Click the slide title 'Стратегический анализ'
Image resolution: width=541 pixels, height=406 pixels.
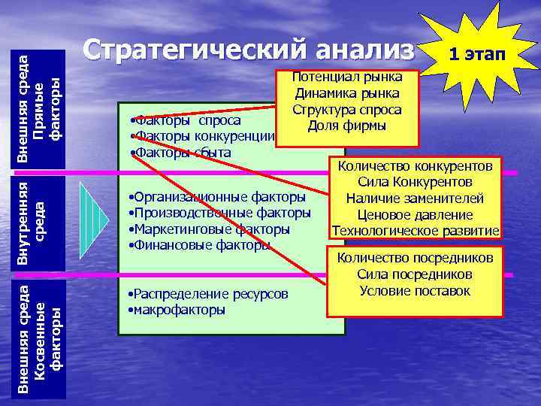pos(249,50)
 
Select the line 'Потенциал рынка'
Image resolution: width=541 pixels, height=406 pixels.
pos(347,77)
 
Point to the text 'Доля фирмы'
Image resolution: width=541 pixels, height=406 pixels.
pos(347,126)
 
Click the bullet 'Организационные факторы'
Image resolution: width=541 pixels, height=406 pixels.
pos(218,197)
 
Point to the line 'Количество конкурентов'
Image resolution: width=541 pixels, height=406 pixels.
pos(416,166)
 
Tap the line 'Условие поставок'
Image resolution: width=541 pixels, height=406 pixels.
pos(415,291)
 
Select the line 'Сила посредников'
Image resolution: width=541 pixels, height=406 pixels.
pos(415,274)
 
